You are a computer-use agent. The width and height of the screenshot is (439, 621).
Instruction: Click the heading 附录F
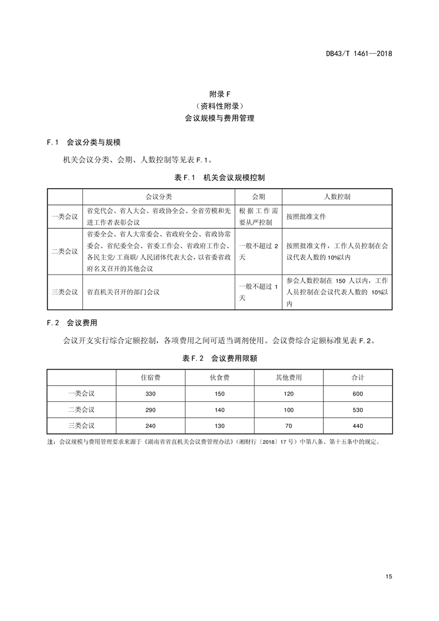[220, 94]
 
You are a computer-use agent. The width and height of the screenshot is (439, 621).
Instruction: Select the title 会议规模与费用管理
[220, 118]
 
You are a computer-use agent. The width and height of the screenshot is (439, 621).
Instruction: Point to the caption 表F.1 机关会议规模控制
[220, 178]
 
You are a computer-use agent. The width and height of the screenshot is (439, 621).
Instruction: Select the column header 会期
[259, 196]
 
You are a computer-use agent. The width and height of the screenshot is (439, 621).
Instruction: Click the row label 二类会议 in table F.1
[65, 251]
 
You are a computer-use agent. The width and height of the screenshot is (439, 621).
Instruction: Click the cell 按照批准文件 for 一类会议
[306, 217]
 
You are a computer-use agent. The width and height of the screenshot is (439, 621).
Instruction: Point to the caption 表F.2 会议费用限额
[220, 359]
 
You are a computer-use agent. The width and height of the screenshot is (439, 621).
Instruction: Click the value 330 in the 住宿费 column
[151, 394]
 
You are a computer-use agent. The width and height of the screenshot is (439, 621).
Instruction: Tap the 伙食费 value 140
[220, 410]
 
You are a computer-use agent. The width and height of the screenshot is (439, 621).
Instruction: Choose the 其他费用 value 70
[288, 426]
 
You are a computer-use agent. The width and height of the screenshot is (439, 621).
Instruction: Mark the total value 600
[358, 394]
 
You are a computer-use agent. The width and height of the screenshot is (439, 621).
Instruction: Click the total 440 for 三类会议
[358, 426]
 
